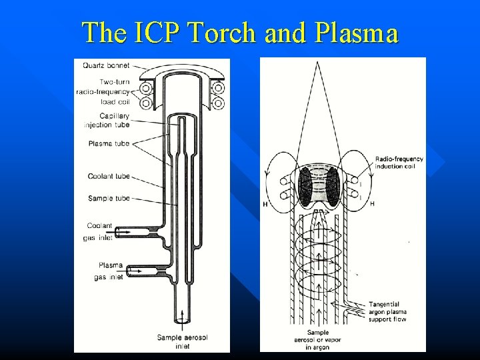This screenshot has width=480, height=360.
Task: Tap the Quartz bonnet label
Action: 107,65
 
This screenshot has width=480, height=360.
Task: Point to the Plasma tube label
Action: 109,143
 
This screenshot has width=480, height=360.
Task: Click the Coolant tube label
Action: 109,177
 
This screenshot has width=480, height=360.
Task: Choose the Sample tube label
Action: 109,198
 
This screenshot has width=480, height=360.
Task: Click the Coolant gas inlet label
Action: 99,230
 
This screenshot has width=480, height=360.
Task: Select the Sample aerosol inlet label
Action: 182,341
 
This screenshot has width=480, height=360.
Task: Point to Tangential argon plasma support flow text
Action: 387,311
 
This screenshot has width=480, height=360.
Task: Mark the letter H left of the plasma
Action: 265,204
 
